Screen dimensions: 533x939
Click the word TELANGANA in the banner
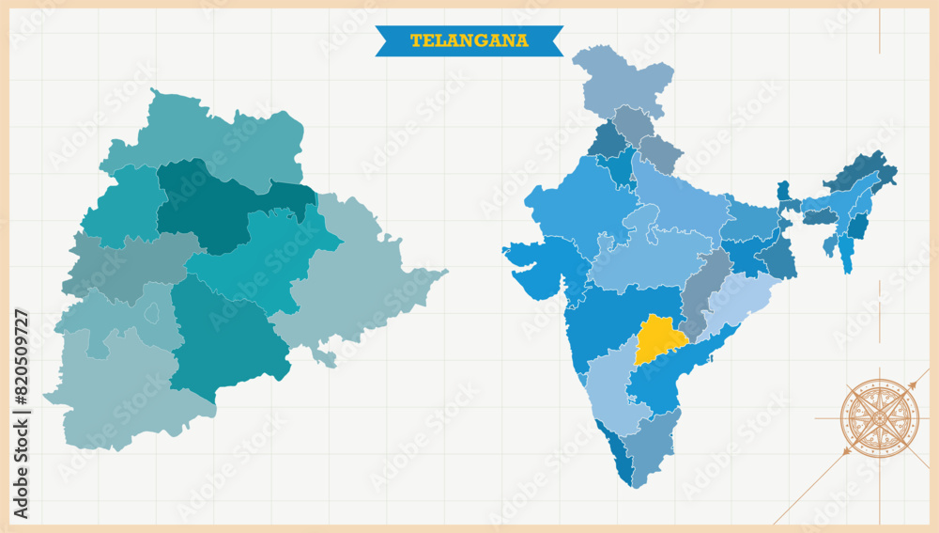tap(469, 40)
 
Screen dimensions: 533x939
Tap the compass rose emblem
tap(879, 417)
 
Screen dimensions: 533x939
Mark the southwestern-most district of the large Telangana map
tap(113, 395)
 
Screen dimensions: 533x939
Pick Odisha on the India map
tap(742, 301)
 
